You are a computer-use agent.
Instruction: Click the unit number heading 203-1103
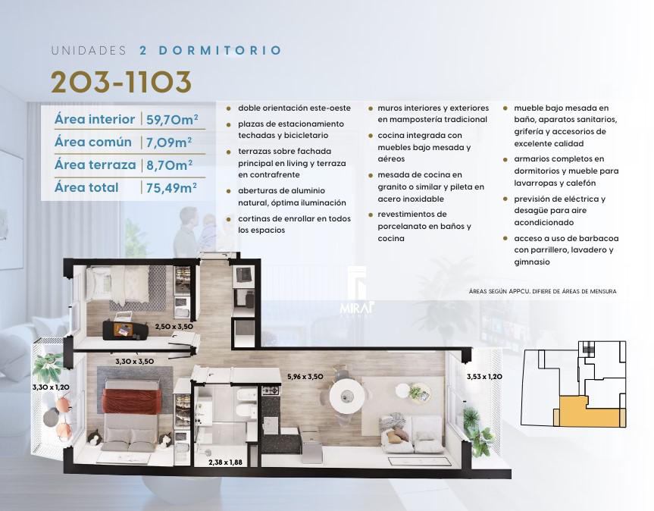click(x=121, y=82)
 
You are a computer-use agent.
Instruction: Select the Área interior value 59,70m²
click(x=172, y=119)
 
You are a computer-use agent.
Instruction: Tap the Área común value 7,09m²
click(x=169, y=143)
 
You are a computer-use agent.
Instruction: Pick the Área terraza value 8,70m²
click(x=169, y=165)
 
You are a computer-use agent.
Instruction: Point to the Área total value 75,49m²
click(x=171, y=188)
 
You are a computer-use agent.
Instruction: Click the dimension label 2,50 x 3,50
click(x=174, y=327)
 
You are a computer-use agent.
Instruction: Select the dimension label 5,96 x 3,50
click(x=305, y=377)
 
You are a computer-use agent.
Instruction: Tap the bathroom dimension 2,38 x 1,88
click(x=225, y=462)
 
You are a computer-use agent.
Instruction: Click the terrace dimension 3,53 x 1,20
click(x=484, y=377)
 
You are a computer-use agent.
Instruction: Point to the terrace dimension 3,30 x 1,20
click(x=51, y=387)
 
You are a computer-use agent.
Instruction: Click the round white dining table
click(x=346, y=396)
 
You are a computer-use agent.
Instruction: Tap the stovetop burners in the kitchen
click(x=272, y=391)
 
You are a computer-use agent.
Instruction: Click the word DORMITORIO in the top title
click(x=221, y=51)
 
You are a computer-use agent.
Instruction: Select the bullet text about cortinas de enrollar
click(x=295, y=224)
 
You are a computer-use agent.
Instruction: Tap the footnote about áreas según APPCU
click(x=543, y=292)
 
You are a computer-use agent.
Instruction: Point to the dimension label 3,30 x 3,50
click(x=134, y=362)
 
